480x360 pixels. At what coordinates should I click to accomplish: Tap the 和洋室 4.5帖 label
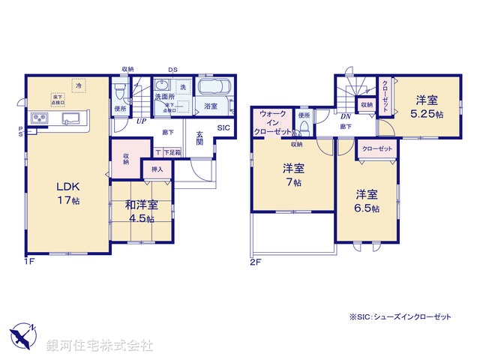141,211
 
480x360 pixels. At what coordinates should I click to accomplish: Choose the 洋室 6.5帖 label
367,200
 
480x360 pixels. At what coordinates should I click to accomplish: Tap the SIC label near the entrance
223,128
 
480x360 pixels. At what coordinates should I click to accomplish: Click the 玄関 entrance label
200,140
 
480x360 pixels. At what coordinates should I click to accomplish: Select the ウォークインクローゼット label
273,122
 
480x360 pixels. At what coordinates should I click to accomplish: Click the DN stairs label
346,117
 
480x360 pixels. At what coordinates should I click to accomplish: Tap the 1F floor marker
28,261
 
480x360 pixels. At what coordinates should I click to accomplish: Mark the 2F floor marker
254,261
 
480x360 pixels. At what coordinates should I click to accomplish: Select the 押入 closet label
157,169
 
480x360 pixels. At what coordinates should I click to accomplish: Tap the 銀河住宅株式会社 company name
99,345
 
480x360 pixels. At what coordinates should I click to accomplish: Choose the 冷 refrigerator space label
79,87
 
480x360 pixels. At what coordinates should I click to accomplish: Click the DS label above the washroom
172,69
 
